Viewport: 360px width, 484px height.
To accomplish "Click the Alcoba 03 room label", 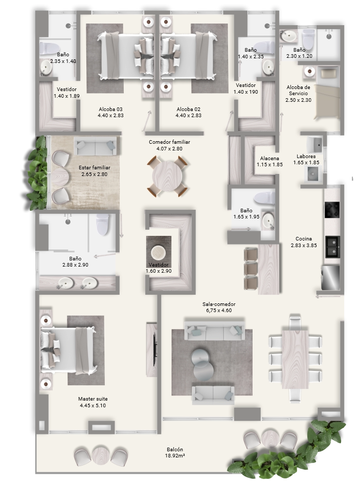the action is pyautogui.click(x=110, y=109).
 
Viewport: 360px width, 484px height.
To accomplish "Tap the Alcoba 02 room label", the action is pyautogui.click(x=189, y=109).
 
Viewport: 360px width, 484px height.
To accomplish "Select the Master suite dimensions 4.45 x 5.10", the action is pyautogui.click(x=93, y=405).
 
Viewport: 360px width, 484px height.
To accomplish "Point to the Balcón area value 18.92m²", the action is pyautogui.click(x=175, y=455).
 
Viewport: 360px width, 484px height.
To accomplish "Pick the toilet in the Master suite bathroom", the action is pyautogui.click(x=102, y=225).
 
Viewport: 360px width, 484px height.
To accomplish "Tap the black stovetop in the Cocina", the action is pyautogui.click(x=332, y=210).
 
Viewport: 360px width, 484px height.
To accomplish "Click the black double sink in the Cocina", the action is pyautogui.click(x=332, y=247).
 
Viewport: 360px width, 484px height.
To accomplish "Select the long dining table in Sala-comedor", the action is pyautogui.click(x=295, y=359).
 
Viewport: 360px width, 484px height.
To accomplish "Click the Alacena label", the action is pyautogui.click(x=269, y=158).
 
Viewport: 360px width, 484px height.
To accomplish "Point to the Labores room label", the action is pyautogui.click(x=306, y=156).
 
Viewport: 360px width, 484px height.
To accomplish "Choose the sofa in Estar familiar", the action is pyautogui.click(x=95, y=146).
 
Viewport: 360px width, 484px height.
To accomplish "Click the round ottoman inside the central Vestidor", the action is pyautogui.click(x=158, y=253).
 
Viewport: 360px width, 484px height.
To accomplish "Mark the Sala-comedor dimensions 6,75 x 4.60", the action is pyautogui.click(x=219, y=310).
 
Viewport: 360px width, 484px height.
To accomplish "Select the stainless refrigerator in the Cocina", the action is pyautogui.click(x=331, y=277).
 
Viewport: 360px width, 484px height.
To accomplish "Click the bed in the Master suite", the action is pyautogui.click(x=68, y=350).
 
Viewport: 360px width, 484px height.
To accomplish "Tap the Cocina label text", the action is pyautogui.click(x=304, y=238).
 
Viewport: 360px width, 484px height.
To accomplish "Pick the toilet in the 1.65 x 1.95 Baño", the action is pyautogui.click(x=264, y=197).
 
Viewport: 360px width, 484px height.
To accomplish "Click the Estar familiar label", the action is pyautogui.click(x=95, y=167).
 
